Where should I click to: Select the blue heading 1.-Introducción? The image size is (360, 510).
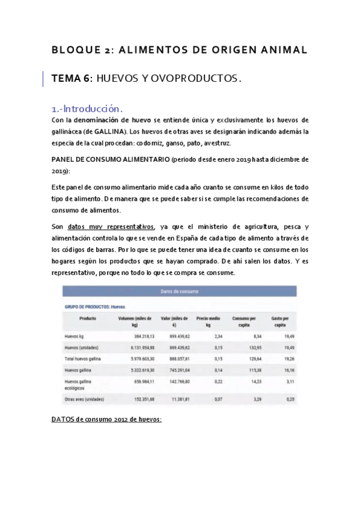coord(88,109)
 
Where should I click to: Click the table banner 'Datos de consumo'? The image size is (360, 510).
coord(179,291)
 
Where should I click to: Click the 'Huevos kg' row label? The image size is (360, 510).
coord(76,336)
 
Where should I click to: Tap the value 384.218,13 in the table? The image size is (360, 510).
coord(139,336)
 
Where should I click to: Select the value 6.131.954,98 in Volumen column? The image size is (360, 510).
coord(137,348)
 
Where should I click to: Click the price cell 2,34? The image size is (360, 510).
coord(215,336)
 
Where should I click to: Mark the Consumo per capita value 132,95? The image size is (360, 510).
coord(252,348)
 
